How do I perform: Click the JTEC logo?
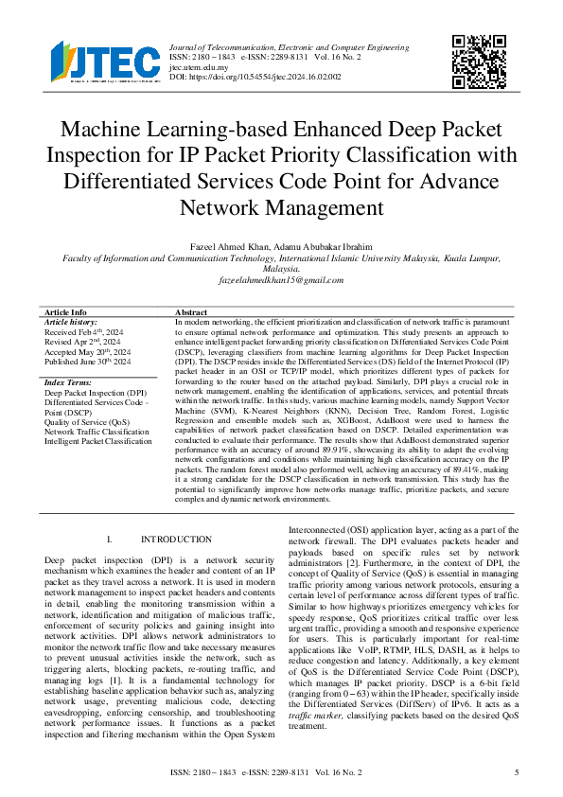click(x=105, y=62)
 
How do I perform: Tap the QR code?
click(x=479, y=62)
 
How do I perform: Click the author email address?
click(x=281, y=282)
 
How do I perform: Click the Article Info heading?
click(x=65, y=312)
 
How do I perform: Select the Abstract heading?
click(x=192, y=312)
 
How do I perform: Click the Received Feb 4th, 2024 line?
click(x=85, y=332)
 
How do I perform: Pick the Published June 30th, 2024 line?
click(x=88, y=363)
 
